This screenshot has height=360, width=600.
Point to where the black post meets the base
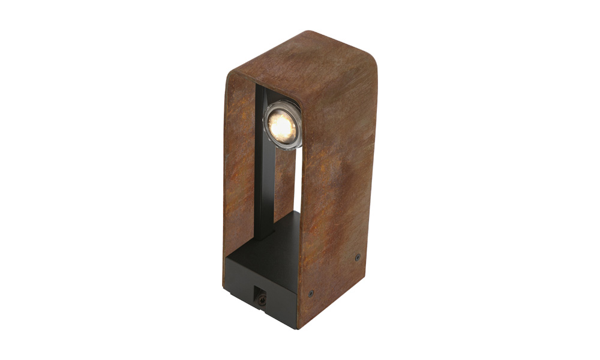pyautogui.click(x=264, y=238)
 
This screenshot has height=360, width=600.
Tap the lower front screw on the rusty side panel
pyautogui.click(x=310, y=293)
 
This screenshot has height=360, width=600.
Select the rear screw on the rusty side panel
pyautogui.click(x=358, y=257)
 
